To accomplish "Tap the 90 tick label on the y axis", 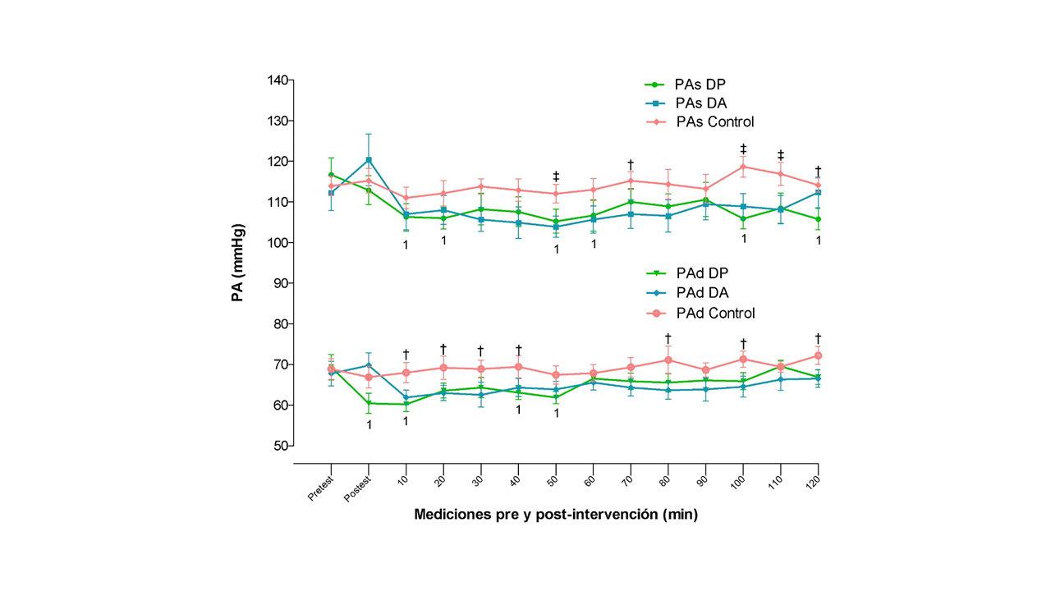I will pyautogui.click(x=279, y=283).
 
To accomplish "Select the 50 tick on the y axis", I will pyautogui.click(x=279, y=446).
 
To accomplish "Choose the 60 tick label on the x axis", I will pyautogui.click(x=590, y=479).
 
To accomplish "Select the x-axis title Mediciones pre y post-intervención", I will pyautogui.click(x=556, y=515).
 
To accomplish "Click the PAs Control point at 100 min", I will pyautogui.click(x=743, y=167).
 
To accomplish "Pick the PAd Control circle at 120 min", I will pyautogui.click(x=818, y=355).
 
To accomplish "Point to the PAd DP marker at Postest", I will pyautogui.click(x=369, y=403).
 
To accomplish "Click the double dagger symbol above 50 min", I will pyautogui.click(x=556, y=177).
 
